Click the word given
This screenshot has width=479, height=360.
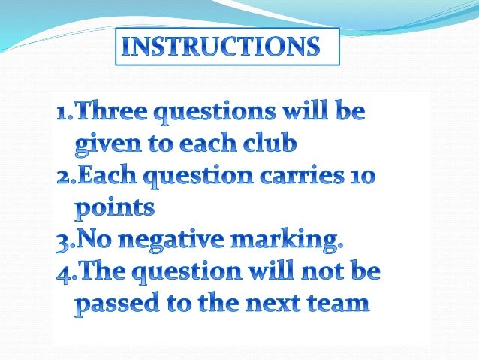click(x=103, y=142)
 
